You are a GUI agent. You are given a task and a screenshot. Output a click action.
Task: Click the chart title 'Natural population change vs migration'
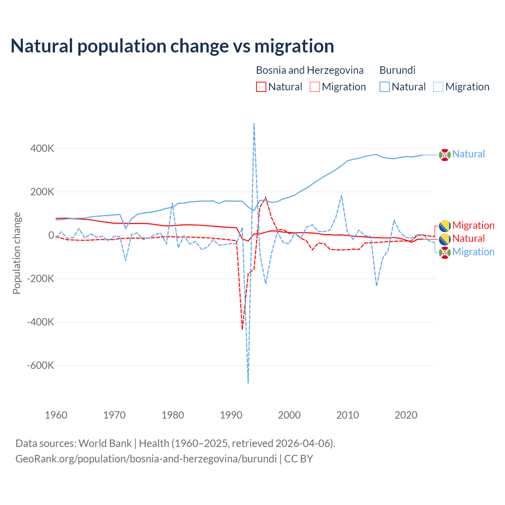click(x=172, y=46)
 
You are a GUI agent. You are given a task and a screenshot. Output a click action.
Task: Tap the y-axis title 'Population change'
click(x=17, y=253)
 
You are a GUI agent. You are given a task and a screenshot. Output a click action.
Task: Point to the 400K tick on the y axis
click(x=42, y=149)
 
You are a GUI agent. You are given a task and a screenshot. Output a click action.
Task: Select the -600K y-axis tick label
click(x=41, y=365)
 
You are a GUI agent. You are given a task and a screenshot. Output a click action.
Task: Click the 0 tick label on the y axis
click(x=51, y=236)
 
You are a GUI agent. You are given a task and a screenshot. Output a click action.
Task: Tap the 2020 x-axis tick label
click(x=406, y=415)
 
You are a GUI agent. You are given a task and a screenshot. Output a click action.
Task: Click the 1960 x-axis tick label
click(x=56, y=415)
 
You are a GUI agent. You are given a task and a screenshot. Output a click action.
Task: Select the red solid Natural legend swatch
click(x=261, y=87)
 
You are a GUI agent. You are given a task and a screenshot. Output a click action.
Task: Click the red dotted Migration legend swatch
click(x=315, y=87)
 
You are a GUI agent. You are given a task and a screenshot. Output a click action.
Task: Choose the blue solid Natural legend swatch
click(x=385, y=87)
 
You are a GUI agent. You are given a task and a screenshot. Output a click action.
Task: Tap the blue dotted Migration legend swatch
click(x=438, y=87)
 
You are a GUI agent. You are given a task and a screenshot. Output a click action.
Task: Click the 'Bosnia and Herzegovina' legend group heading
click(x=310, y=70)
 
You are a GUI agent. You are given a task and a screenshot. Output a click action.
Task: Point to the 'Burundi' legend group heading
click(x=397, y=70)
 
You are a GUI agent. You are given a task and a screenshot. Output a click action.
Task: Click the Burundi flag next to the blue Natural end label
click(x=445, y=155)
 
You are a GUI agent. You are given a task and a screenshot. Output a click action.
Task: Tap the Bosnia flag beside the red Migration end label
click(x=445, y=226)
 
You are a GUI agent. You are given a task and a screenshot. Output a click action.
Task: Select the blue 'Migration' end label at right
click(x=473, y=252)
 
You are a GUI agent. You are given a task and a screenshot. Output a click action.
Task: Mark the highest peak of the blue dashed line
click(x=254, y=123)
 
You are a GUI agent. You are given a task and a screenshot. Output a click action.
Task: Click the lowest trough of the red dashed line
click(x=242, y=329)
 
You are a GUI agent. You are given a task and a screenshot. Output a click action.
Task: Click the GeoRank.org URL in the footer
click(x=146, y=459)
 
